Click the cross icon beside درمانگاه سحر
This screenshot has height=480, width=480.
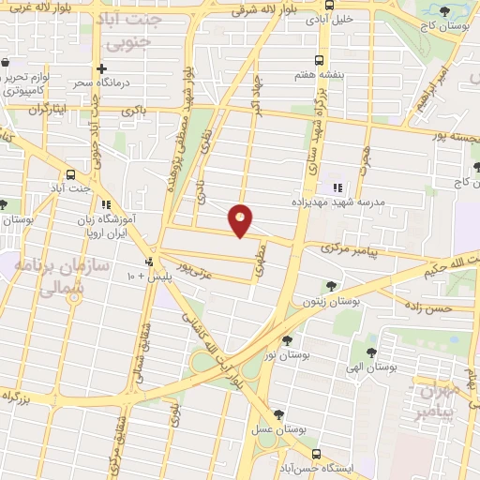102,69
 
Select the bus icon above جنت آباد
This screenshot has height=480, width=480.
72,174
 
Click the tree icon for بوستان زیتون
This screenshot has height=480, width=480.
329,286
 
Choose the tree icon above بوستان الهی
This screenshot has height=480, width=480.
372,352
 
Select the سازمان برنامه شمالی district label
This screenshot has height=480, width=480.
56,277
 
